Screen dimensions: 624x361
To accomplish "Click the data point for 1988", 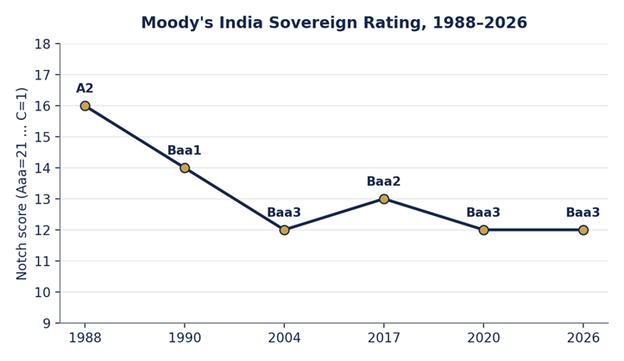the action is [x=85, y=106].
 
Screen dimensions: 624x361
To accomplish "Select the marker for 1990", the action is [x=185, y=168].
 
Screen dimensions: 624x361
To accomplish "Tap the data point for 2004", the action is [x=284, y=230].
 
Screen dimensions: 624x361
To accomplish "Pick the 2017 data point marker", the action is [x=384, y=199].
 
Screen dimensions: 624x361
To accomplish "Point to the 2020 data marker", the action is [x=483, y=230].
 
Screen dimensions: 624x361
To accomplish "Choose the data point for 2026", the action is [x=583, y=230].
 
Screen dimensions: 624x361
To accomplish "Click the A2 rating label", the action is [x=85, y=88].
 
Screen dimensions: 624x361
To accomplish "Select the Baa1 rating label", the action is [x=184, y=150].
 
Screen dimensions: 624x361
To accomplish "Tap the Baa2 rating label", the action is [x=383, y=181].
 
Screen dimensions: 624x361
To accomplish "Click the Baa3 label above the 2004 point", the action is [x=284, y=212].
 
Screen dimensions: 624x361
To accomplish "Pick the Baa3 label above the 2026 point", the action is [x=583, y=212].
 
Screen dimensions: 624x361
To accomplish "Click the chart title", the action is [x=334, y=22].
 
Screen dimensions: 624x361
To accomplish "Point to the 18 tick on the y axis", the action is [x=42, y=44].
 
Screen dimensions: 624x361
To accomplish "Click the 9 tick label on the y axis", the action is [x=47, y=323].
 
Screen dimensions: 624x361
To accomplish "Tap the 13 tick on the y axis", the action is [x=42, y=199].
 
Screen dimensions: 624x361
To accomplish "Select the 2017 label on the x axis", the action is [x=383, y=338].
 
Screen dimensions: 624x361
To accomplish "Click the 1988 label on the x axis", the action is [x=85, y=338].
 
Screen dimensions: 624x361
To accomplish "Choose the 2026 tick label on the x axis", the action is [x=583, y=338].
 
